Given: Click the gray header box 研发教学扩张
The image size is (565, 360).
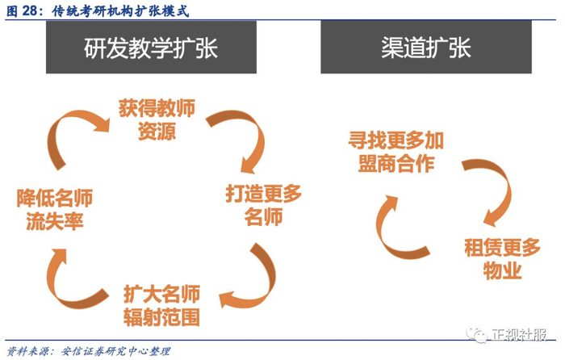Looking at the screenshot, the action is [151, 47].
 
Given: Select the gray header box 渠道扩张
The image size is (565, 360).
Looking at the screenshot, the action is [426, 47].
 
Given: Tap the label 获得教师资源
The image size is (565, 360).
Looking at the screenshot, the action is [157, 119].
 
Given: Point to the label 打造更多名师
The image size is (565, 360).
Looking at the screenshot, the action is [263, 205].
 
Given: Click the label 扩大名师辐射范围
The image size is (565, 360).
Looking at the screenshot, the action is [161, 306].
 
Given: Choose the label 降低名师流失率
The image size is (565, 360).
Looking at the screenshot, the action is [55, 209].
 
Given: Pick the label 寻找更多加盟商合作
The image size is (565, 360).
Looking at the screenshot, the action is [395, 152].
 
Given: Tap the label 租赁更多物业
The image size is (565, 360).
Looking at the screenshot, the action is [502, 259].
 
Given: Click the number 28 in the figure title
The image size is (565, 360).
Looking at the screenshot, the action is [29, 10].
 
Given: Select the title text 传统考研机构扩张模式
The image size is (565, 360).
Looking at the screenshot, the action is [120, 10].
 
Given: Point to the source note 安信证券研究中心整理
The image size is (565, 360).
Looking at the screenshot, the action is [115, 351].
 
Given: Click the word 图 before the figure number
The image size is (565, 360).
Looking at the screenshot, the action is [12, 10].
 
